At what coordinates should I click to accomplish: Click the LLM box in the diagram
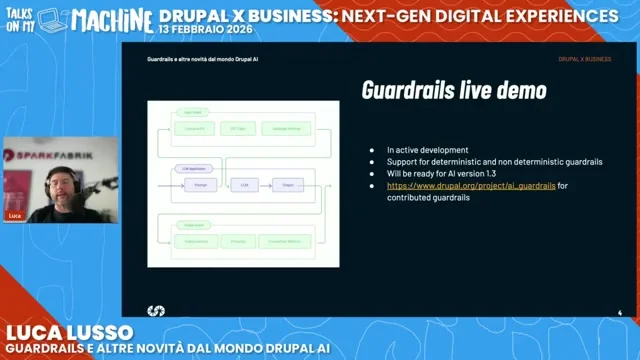click(243, 185)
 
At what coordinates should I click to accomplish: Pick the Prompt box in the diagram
click(200, 185)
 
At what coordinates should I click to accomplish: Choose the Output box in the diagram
click(287, 185)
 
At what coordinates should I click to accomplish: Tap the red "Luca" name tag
click(14, 216)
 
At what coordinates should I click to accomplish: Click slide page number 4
click(620, 313)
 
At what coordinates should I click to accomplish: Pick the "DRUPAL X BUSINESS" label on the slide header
click(585, 59)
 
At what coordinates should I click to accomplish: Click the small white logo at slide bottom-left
click(156, 311)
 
